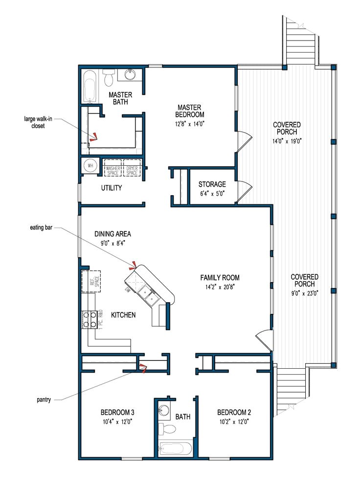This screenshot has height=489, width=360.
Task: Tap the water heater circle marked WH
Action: tap(90, 166)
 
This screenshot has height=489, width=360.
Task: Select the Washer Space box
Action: tap(112, 168)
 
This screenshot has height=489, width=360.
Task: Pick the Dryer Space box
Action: tap(132, 168)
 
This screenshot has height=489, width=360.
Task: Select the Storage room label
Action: tap(212, 184)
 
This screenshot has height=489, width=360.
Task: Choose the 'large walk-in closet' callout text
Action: tap(35, 122)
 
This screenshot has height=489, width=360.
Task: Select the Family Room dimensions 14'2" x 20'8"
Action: tap(220, 287)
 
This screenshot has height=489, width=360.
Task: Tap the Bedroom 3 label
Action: tap(117, 411)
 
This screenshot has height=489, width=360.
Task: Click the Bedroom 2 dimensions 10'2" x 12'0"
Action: tap(233, 421)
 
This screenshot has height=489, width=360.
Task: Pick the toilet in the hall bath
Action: tap(168, 429)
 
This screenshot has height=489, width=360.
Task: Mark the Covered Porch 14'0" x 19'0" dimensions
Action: tap(287, 141)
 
